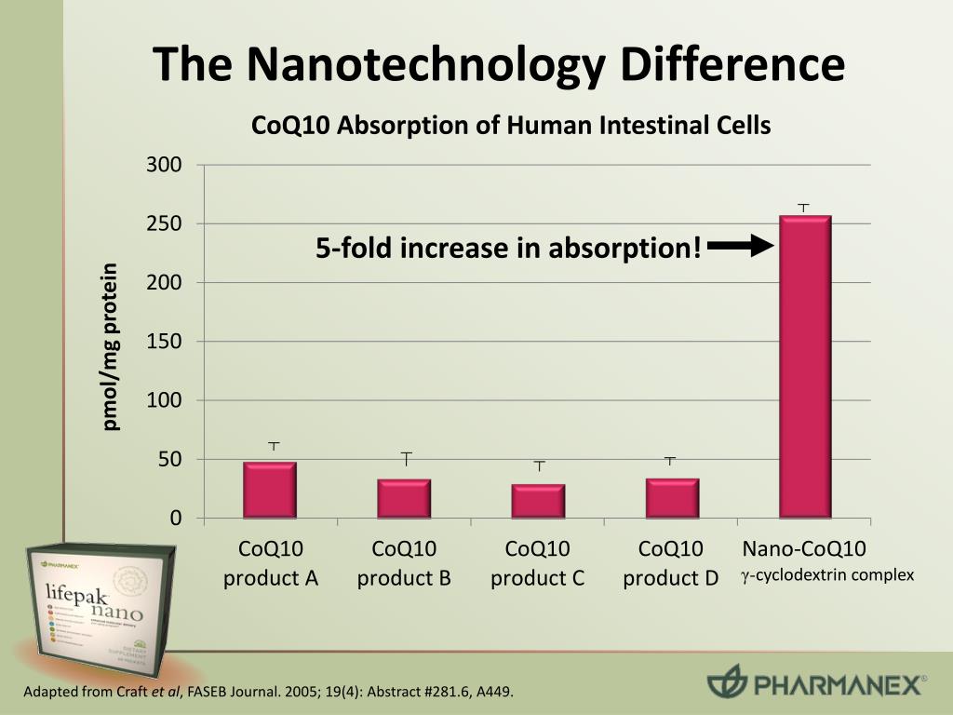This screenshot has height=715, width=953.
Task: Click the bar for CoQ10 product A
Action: (270, 489)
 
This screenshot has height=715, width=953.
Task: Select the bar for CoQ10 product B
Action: (404, 498)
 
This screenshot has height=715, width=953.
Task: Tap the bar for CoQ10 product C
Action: (538, 500)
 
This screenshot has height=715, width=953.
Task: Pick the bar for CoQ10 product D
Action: (672, 497)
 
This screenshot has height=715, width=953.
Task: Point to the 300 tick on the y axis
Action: (164, 166)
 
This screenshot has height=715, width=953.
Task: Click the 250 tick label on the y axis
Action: (164, 224)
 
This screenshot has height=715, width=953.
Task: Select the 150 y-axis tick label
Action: (164, 342)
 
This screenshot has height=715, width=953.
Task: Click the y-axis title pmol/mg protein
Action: (112, 347)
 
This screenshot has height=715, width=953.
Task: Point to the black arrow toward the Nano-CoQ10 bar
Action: (741, 246)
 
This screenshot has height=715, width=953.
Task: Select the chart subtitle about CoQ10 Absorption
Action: (511, 125)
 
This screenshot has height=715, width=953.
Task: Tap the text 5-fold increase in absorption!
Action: (508, 249)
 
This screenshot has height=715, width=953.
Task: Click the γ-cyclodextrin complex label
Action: (827, 575)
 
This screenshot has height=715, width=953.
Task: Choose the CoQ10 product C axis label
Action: (538, 563)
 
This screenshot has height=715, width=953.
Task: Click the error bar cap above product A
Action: (274, 444)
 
